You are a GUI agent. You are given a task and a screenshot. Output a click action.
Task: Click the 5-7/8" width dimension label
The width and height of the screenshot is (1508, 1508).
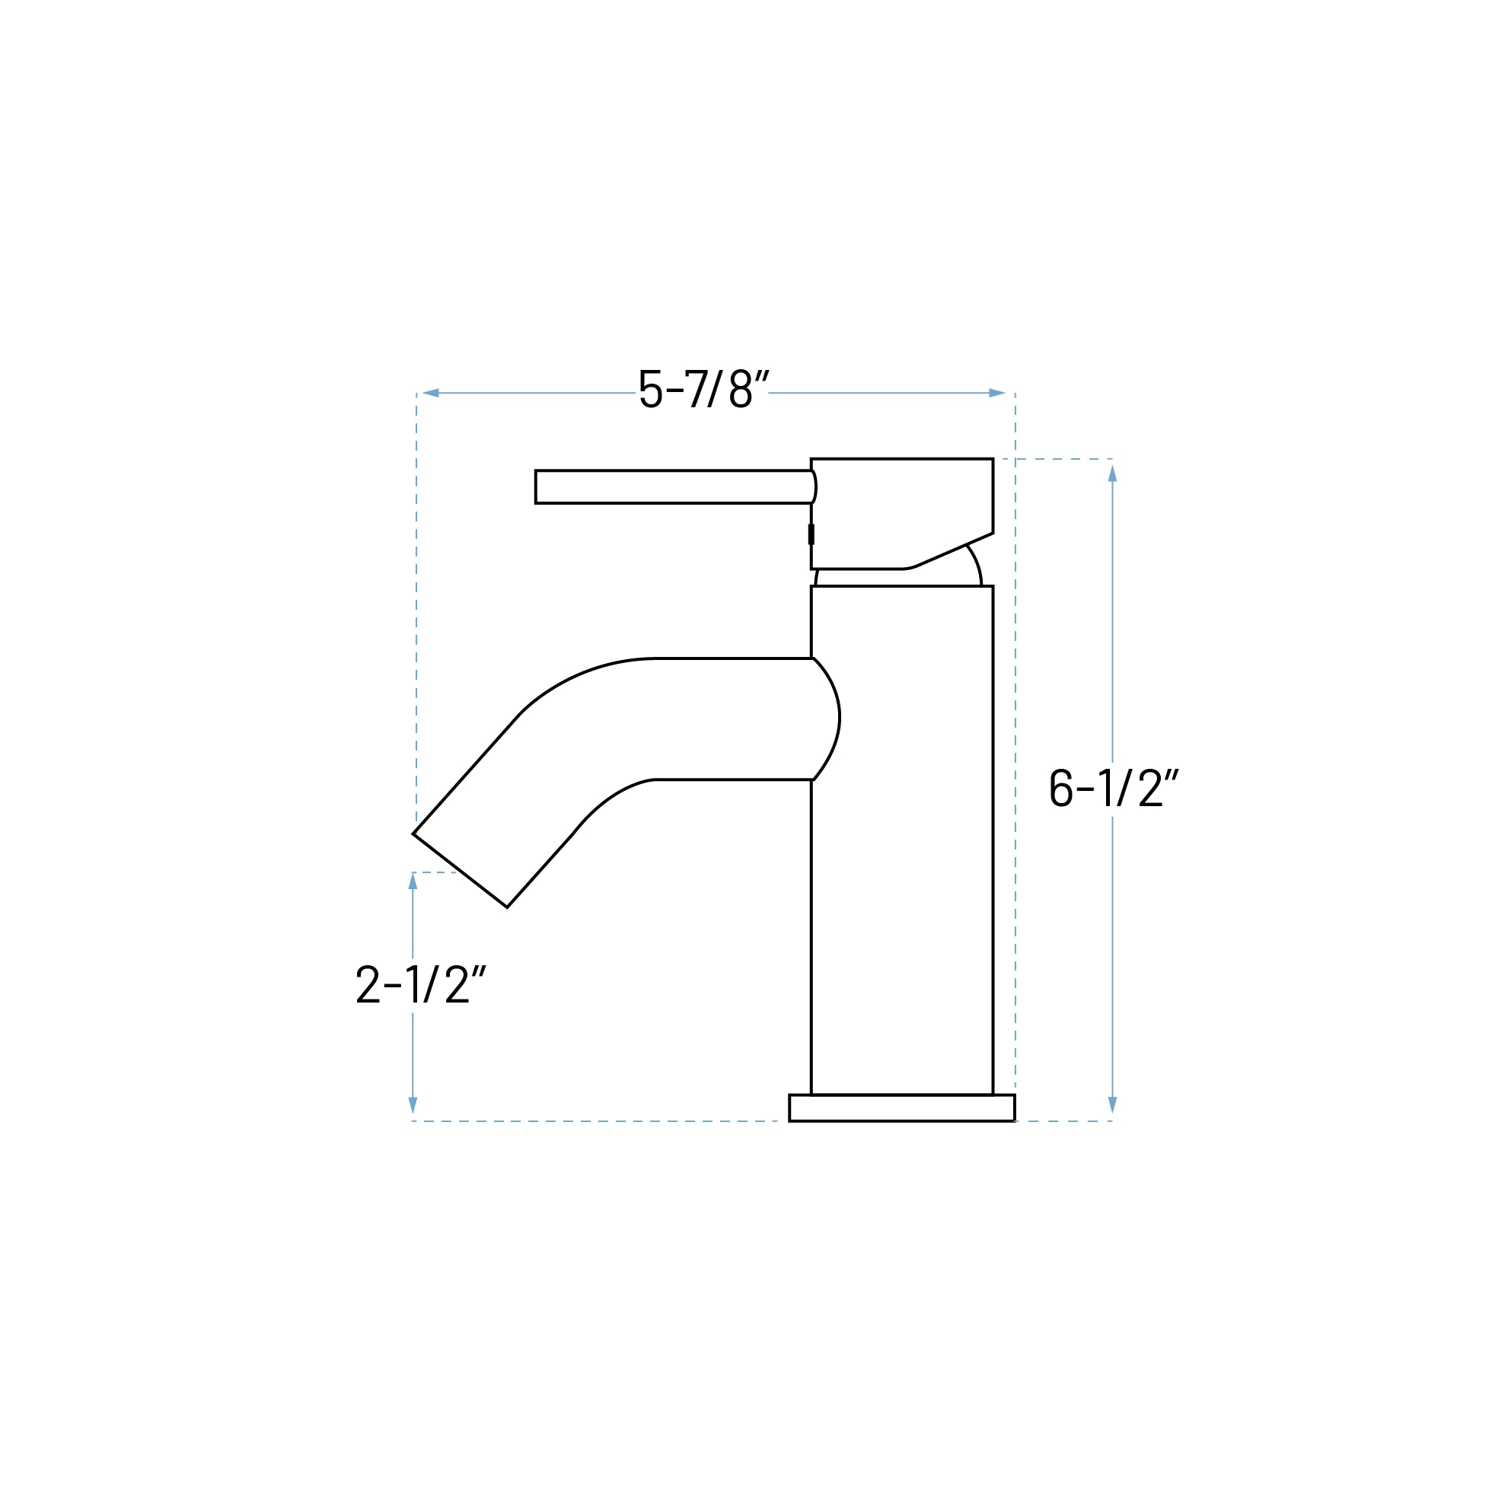click(703, 389)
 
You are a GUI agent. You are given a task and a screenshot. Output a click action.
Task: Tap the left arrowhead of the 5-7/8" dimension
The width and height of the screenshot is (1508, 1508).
click(430, 393)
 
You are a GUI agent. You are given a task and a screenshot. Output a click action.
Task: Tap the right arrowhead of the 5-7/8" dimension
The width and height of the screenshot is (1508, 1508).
click(996, 393)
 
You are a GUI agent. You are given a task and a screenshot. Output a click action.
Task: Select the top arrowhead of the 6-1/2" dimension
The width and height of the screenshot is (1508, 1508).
click(1112, 473)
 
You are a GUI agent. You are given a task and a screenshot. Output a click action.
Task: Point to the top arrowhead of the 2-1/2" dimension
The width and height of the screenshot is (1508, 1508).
click(413, 882)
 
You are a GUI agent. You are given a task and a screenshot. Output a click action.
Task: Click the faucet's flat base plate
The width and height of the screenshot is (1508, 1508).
click(901, 1108)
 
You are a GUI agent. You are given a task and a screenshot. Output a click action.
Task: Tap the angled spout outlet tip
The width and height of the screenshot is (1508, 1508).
click(461, 870)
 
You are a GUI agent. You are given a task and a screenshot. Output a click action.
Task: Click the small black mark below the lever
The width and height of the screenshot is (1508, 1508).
click(811, 534)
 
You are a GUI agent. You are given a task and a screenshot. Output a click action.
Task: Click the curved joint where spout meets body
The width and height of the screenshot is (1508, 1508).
click(826, 718)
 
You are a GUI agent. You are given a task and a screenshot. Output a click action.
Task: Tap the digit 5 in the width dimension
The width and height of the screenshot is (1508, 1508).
click(650, 389)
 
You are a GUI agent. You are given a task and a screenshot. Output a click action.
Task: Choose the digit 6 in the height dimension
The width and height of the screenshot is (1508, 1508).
click(1060, 788)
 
